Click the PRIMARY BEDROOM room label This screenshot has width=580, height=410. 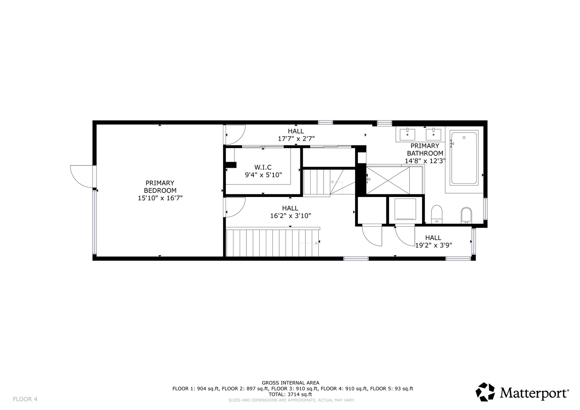[x=160, y=191]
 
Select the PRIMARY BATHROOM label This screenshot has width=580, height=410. [x=425, y=153]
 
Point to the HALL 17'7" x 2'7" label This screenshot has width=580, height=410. [x=296, y=135]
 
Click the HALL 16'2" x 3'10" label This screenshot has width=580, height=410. [x=290, y=212]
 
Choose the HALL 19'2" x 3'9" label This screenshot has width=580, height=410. [x=433, y=241]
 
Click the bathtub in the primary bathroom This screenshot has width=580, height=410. [x=464, y=158]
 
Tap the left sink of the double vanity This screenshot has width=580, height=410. [x=407, y=135]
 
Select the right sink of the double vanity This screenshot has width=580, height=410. [x=433, y=135]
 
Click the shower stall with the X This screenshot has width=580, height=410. [x=388, y=180]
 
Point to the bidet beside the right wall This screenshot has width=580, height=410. [x=466, y=215]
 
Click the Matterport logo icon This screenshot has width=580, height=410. [x=485, y=392]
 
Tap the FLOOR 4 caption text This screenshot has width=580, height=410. [x=25, y=399]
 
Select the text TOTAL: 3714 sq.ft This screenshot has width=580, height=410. [x=290, y=394]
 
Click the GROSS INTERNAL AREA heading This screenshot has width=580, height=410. [x=291, y=383]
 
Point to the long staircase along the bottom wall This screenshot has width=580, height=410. [x=273, y=242]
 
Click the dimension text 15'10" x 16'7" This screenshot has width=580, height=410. [x=160, y=198]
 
